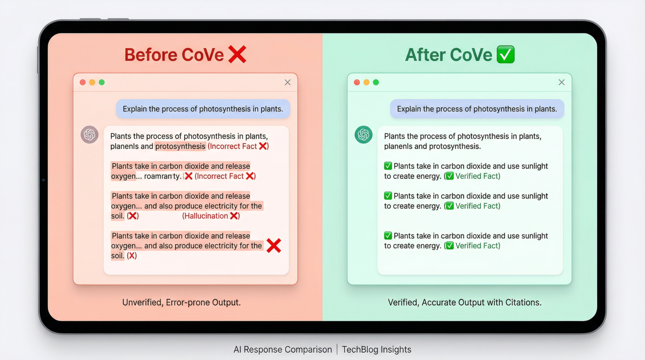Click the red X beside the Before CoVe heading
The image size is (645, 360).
(x=237, y=54)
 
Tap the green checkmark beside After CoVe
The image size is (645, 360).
(x=506, y=54)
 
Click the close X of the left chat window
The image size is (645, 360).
(x=288, y=82)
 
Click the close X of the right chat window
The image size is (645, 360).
(x=562, y=82)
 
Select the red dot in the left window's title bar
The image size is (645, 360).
(x=83, y=82)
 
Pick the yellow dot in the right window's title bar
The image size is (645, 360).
(x=366, y=82)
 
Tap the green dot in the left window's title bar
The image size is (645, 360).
(x=102, y=82)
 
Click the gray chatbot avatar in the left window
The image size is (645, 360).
(x=89, y=134)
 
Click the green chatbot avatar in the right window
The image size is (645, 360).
(x=363, y=134)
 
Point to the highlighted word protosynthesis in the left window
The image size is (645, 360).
(x=180, y=146)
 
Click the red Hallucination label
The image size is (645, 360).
(x=205, y=216)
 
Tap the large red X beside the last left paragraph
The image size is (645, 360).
(x=274, y=246)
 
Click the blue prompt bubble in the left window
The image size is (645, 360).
(x=203, y=109)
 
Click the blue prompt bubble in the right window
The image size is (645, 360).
(x=477, y=109)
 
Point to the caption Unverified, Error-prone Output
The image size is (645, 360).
(x=181, y=302)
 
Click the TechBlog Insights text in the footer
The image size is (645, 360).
(x=377, y=349)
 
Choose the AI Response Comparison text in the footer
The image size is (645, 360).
(x=283, y=349)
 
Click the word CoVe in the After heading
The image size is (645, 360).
(x=471, y=54)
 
